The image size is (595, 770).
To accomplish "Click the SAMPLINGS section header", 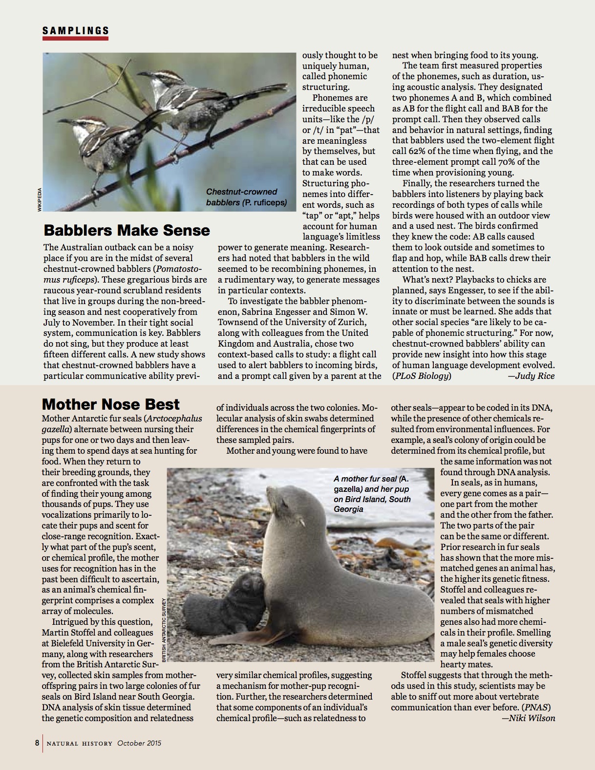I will click(x=75, y=30).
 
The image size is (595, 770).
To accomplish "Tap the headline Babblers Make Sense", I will click(x=127, y=230).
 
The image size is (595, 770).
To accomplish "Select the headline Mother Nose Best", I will click(x=111, y=404).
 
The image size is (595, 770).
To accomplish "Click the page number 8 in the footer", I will click(x=37, y=743).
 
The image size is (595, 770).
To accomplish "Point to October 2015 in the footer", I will click(x=139, y=743).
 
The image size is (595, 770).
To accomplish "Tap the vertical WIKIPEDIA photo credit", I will click(x=39, y=199).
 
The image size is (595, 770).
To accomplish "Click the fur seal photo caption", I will click(x=372, y=494).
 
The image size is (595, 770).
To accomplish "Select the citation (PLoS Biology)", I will click(x=422, y=376).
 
